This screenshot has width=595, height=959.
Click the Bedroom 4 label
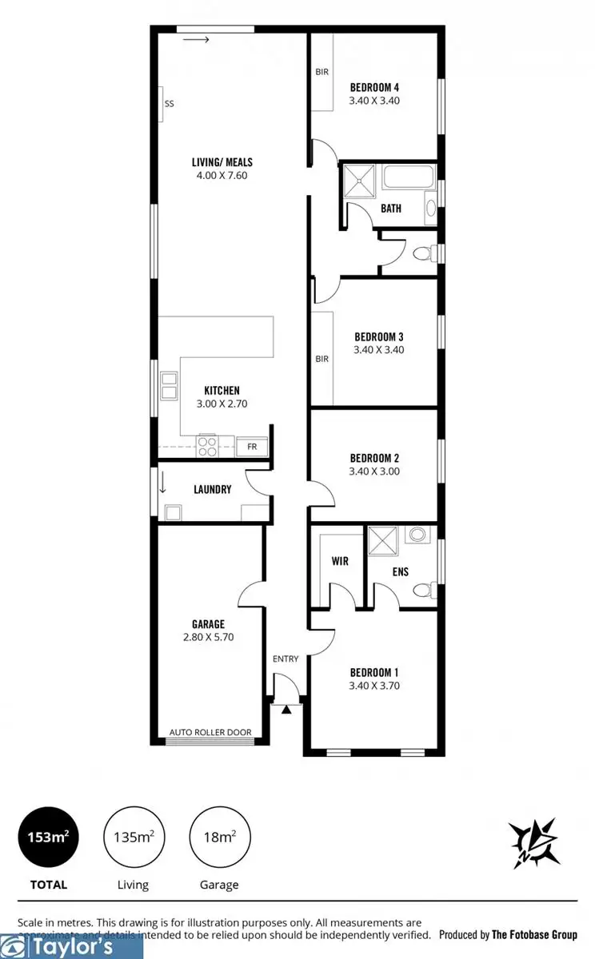pos(374,87)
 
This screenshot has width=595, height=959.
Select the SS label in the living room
pos(169,104)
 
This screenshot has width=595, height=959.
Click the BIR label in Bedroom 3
pos(321,359)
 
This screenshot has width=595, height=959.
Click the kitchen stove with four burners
pos(207,446)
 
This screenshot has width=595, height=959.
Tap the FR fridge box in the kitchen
pos(252,447)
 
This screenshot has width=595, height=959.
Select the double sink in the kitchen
pos(169,386)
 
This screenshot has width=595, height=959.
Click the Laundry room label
pos(212,489)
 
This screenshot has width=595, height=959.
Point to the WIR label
pos(340,561)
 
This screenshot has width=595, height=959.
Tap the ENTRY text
pos(286,659)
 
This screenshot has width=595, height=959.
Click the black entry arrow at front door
pos(285,708)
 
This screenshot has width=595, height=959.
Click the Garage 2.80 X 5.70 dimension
pos(208,637)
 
